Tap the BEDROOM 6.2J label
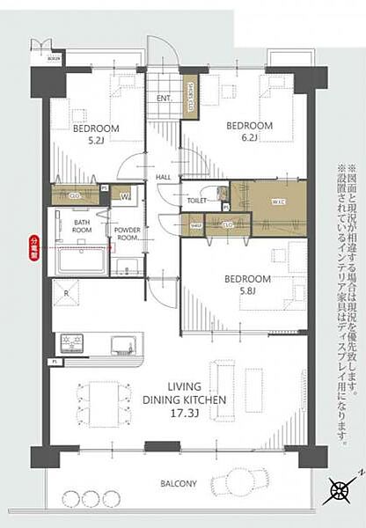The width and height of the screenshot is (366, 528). (x=248, y=131)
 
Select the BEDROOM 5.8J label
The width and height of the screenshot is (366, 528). (x=248, y=284)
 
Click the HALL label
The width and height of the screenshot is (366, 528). (x=164, y=177)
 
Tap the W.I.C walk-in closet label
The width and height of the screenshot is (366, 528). (x=278, y=201)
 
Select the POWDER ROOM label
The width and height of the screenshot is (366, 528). (x=127, y=233)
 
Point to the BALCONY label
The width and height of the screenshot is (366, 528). (x=179, y=483)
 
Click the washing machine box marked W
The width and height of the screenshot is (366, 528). (x=125, y=195)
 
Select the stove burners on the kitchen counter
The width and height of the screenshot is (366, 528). (x=71, y=341)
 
